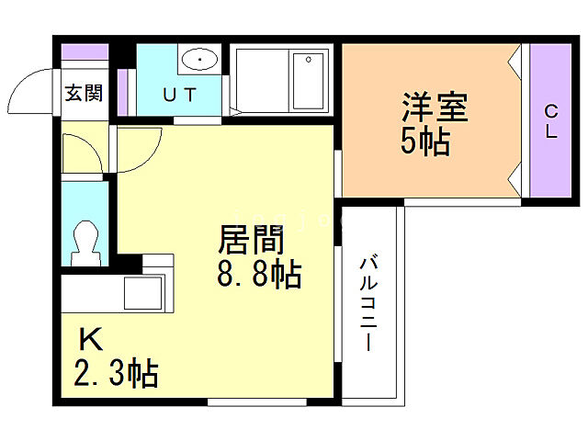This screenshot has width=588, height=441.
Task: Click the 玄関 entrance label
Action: pos(82,94)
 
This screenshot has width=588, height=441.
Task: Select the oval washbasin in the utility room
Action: pos(199,61)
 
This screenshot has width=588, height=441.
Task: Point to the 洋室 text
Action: pos(434,109)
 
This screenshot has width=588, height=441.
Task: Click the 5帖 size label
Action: pos(424,142)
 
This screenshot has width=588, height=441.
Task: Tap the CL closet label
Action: pos(551,121)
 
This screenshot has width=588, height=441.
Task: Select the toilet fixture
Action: pos(85,240)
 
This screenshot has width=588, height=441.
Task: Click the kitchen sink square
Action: pos(143,292)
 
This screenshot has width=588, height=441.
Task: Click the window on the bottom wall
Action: pos(256,401)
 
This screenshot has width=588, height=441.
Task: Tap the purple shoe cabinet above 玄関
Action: pos(83,52)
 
